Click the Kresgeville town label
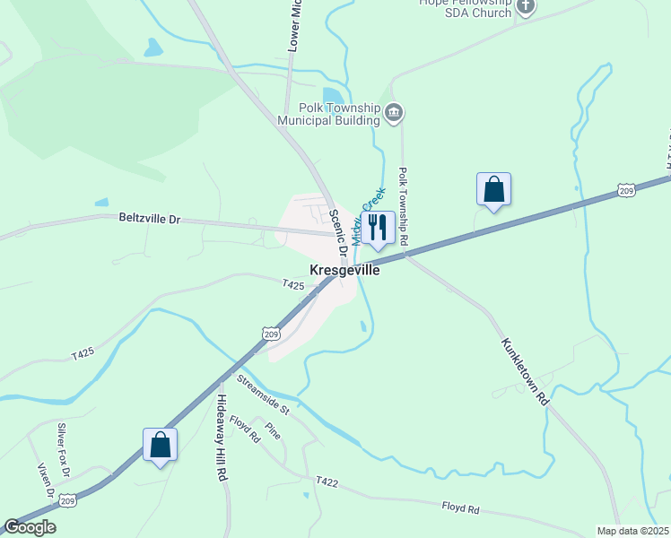(344, 270)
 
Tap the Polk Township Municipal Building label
(329, 113)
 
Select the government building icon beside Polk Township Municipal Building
(394, 113)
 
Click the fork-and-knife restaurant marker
(378, 228)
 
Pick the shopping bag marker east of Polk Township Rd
(492, 189)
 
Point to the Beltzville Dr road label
(150, 218)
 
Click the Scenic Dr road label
(338, 235)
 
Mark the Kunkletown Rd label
(525, 371)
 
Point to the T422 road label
(327, 482)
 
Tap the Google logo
(30, 527)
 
